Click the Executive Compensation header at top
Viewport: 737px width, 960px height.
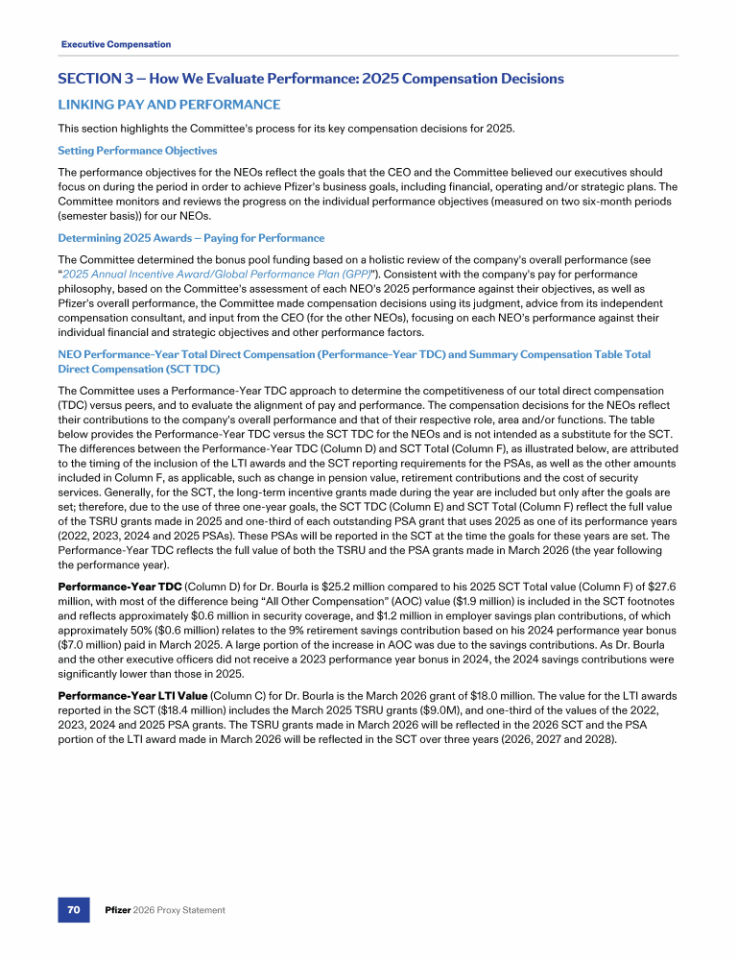tap(116, 44)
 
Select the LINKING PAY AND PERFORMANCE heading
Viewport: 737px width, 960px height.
tap(169, 104)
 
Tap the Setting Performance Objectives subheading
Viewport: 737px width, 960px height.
tap(137, 151)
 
